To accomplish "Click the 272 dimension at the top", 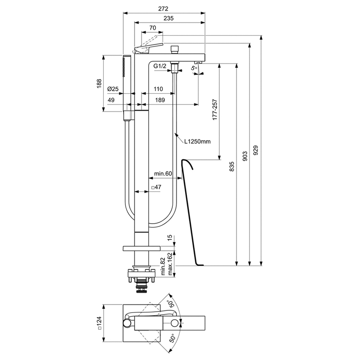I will click(163, 8).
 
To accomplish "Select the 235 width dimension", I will click(169, 18).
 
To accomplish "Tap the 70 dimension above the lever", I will click(153, 28).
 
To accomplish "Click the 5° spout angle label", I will click(194, 67).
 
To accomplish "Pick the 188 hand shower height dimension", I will click(99, 83).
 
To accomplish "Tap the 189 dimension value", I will click(160, 100).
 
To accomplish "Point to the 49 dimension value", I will click(111, 100).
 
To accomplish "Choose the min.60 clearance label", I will click(163, 173).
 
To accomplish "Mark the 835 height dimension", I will click(232, 166).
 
